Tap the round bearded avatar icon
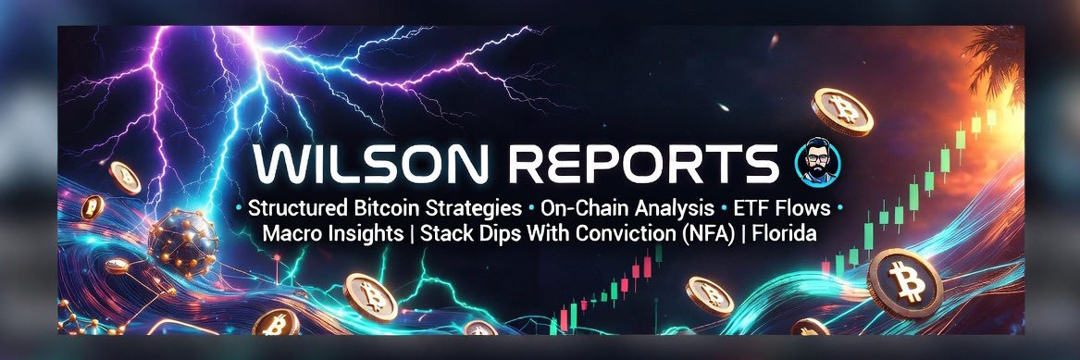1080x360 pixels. (817, 162)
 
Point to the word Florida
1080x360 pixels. (785, 234)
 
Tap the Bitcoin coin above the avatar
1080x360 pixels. (841, 111)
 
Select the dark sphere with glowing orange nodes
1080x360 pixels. (182, 243)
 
